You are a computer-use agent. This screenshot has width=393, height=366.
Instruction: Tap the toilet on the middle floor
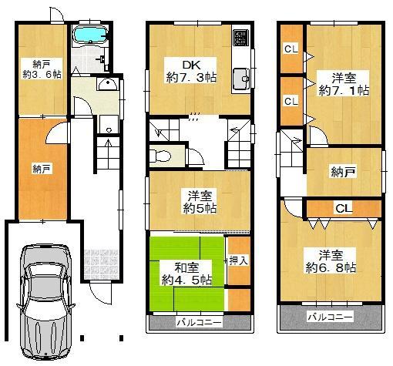(160, 156)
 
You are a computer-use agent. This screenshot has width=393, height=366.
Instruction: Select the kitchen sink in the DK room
(241, 79)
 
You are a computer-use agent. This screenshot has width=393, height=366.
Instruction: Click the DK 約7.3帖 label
(191, 71)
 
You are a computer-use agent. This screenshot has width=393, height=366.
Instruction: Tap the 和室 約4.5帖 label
(186, 274)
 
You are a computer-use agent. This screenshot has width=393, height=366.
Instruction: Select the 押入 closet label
(239, 260)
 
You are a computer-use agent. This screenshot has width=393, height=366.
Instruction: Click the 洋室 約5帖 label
(200, 202)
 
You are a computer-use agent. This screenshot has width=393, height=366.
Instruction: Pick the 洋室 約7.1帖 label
(344, 84)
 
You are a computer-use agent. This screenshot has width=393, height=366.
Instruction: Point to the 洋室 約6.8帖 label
(331, 261)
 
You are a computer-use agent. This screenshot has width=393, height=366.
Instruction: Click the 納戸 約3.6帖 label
(42, 69)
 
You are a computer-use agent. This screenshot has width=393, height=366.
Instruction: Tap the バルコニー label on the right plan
(331, 317)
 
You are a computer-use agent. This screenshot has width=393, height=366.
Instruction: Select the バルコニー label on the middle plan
(199, 322)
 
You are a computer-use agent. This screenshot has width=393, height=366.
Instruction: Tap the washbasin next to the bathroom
(108, 84)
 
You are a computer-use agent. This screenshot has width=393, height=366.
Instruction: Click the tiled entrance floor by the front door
(102, 264)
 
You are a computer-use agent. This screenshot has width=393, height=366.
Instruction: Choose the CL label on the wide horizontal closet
(343, 208)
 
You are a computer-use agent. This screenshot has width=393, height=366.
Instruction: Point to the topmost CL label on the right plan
(291, 49)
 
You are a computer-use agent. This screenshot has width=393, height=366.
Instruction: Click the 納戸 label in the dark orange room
(42, 169)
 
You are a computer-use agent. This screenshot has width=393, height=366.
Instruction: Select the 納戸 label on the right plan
(343, 172)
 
